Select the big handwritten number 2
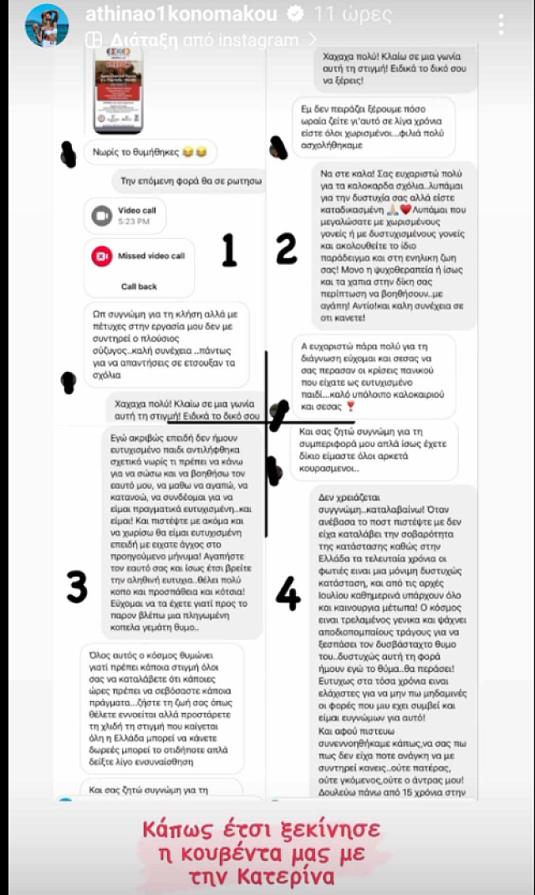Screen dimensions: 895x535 click(287, 249)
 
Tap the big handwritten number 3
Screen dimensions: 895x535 click(77, 586)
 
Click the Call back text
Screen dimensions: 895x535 click(139, 286)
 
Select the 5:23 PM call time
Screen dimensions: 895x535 click(133, 221)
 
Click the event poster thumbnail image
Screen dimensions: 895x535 click(116, 88)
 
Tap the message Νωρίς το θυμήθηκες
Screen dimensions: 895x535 click(150, 152)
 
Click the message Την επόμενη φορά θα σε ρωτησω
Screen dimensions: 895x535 click(186, 181)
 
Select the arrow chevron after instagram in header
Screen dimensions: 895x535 click(313, 38)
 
